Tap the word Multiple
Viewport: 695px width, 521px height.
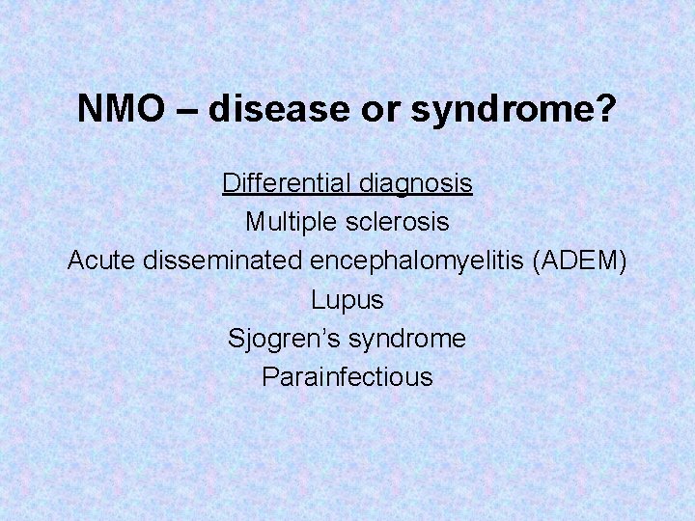[x=287, y=222]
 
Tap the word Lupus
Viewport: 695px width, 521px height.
[x=347, y=300]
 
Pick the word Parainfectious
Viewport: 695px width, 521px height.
[x=347, y=377]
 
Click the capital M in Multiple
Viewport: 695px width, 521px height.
[x=255, y=222]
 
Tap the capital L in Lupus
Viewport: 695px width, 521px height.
[x=318, y=299]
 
